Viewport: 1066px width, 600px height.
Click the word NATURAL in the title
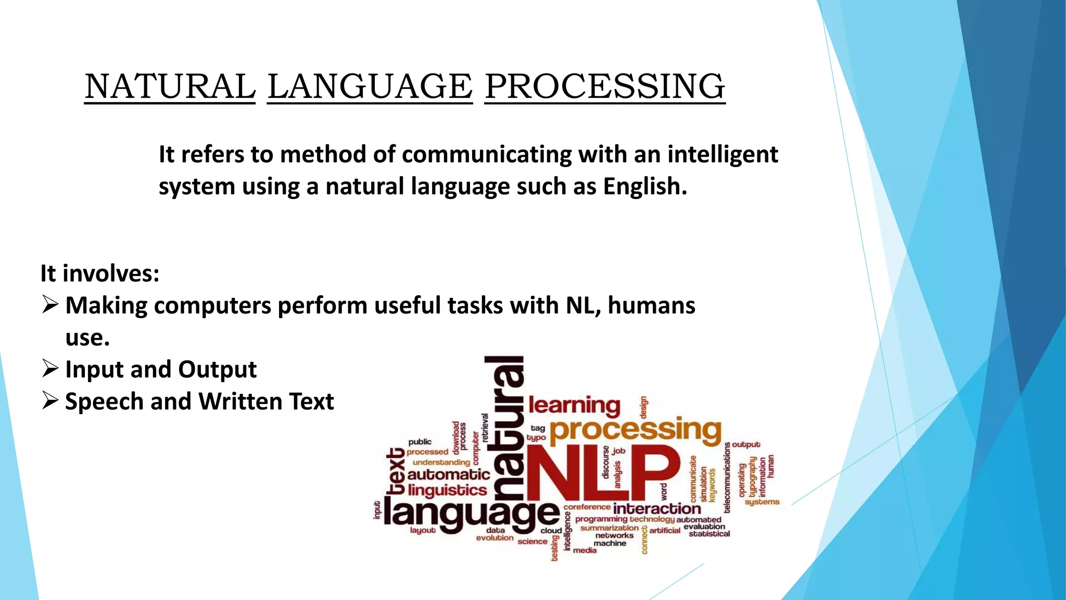point(170,86)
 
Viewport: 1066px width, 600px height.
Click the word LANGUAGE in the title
point(370,86)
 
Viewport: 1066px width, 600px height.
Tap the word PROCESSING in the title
point(605,86)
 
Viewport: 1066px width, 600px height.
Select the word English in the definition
point(645,186)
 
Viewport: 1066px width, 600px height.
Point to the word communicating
point(486,155)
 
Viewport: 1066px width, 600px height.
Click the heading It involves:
point(100,273)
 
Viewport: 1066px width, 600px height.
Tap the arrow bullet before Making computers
point(50,304)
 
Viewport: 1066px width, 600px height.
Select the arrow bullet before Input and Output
point(50,368)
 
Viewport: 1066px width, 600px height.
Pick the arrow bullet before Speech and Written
point(50,401)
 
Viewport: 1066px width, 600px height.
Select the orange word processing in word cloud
point(636,431)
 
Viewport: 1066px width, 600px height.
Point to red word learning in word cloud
point(574,406)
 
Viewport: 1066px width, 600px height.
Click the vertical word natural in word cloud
point(505,427)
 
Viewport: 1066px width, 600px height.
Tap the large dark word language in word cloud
point(471,514)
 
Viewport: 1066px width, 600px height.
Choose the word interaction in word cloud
point(657,508)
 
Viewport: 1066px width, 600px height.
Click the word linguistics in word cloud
point(447,490)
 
